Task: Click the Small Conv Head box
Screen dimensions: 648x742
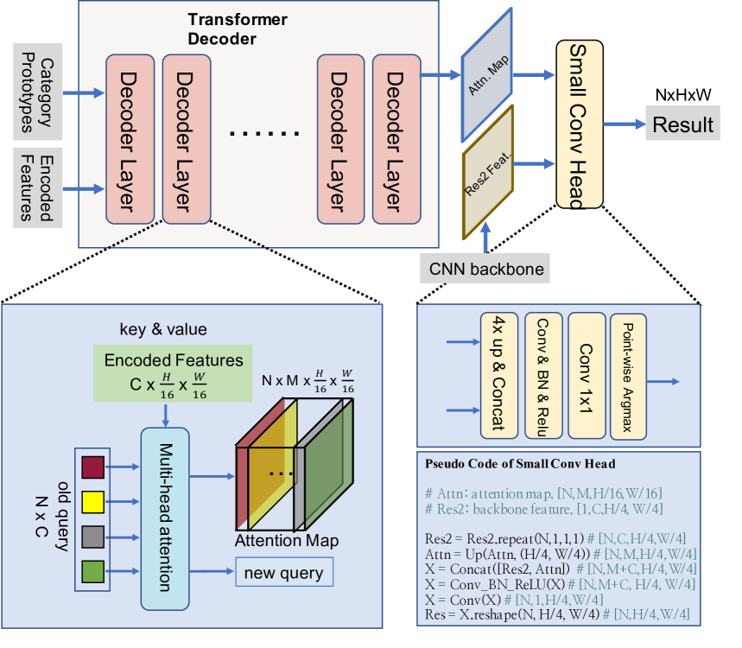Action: pyautogui.click(x=580, y=124)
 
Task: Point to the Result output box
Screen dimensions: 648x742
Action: pyautogui.click(x=682, y=124)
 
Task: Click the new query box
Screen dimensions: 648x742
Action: pyautogui.click(x=283, y=572)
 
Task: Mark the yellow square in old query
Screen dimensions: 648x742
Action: pyautogui.click(x=92, y=502)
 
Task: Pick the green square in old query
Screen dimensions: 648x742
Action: pyautogui.click(x=92, y=570)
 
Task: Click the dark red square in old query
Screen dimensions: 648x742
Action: pyautogui.click(x=92, y=467)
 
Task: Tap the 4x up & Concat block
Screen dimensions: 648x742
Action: pyautogui.click(x=499, y=374)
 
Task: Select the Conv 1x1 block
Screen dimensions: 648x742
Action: pyautogui.click(x=586, y=374)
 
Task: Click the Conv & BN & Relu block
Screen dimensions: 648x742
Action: pyautogui.click(x=544, y=376)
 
